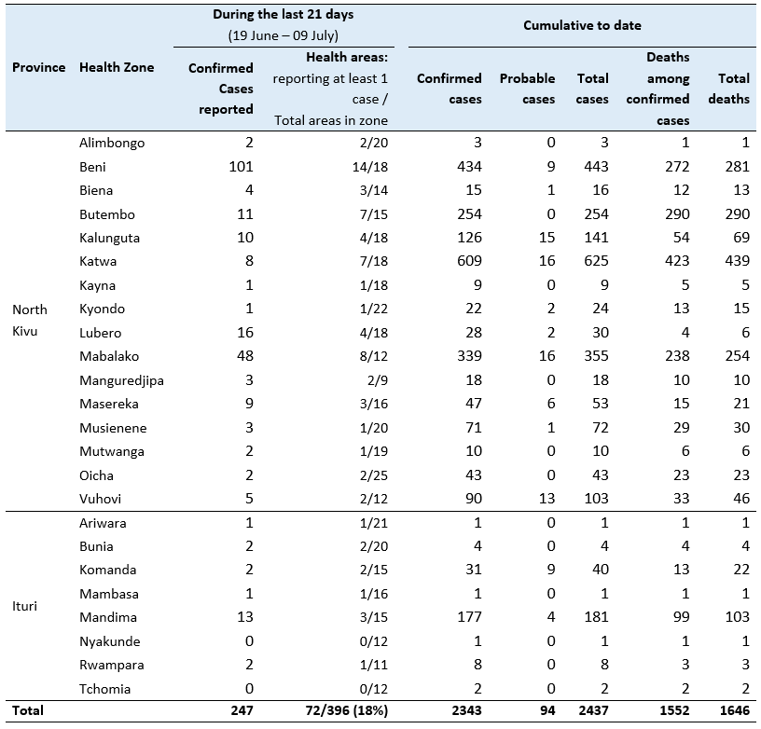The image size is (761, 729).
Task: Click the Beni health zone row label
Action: pyautogui.click(x=92, y=167)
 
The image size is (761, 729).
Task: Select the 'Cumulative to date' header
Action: pyautogui.click(x=582, y=25)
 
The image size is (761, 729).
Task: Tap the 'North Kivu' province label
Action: pyautogui.click(x=30, y=320)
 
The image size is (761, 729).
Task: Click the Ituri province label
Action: pyautogui.click(x=25, y=606)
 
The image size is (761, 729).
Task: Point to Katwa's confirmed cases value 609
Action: pyautogui.click(x=469, y=261)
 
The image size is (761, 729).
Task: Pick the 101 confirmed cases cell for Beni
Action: pyautogui.click(x=241, y=167)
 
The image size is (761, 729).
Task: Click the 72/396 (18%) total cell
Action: pyautogui.click(x=347, y=710)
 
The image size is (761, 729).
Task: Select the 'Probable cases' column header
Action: pyautogui.click(x=527, y=89)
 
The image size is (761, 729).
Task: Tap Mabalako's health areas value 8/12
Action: pyautogui.click(x=374, y=356)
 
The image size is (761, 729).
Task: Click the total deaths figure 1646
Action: pyautogui.click(x=735, y=710)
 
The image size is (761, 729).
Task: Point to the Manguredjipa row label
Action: pyautogui.click(x=121, y=380)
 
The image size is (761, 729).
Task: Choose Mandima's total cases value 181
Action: pyautogui.click(x=596, y=617)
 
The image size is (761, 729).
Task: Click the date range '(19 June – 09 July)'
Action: pyautogui.click(x=283, y=36)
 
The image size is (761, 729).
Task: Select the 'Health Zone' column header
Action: pyautogui.click(x=117, y=67)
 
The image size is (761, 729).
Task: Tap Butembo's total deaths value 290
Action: pyautogui.click(x=737, y=213)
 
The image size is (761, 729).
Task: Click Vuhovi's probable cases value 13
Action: pyautogui.click(x=547, y=499)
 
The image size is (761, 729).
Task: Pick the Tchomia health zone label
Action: pyautogui.click(x=104, y=689)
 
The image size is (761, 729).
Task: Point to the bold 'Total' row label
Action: pyautogui.click(x=28, y=710)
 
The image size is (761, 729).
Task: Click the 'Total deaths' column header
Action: pyautogui.click(x=729, y=89)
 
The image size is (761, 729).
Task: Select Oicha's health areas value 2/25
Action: pyautogui.click(x=374, y=475)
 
